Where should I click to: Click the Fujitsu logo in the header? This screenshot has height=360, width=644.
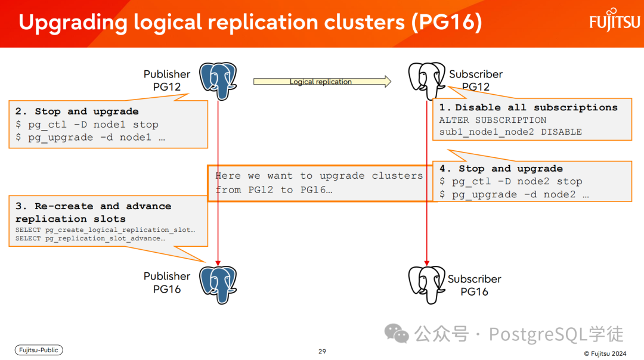coord(615,20)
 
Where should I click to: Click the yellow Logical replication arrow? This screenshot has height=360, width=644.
coord(322,81)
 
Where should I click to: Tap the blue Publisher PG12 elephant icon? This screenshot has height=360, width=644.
coord(218,81)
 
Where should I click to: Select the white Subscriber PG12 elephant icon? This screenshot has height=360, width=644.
coord(427,80)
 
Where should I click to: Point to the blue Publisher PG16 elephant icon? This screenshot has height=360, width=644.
coord(218,285)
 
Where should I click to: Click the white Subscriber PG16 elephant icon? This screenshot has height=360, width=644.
coord(427,285)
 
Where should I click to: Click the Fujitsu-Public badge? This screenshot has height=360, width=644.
coord(39,350)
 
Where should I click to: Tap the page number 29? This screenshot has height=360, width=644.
coord(322,352)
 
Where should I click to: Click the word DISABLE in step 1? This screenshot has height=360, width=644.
coord(561,132)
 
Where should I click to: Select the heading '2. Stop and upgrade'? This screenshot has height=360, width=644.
coord(77,111)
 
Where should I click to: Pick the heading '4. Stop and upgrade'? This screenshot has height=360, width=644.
coord(501,168)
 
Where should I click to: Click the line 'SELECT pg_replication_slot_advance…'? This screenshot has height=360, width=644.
coord(91,238)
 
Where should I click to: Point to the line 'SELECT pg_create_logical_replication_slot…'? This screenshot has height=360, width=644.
coord(105,230)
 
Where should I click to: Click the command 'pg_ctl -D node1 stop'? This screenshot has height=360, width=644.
coord(93,125)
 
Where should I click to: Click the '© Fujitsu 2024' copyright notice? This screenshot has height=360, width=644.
coord(605,353)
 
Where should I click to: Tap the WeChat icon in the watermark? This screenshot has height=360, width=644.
coord(397,333)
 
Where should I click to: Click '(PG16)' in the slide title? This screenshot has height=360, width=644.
coord(447,22)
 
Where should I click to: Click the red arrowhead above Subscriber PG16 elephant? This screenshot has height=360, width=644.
coord(427,263)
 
